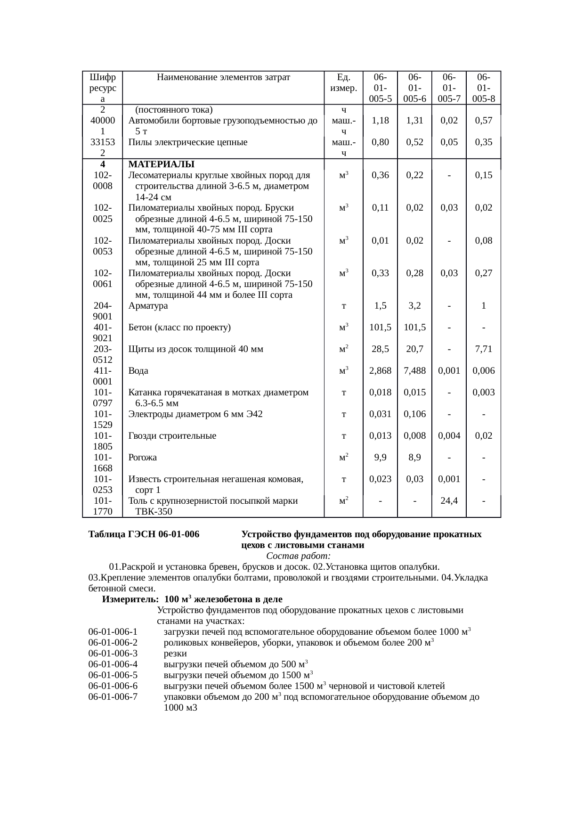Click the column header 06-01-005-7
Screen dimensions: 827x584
click(x=449, y=88)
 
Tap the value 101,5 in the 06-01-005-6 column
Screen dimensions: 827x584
click(x=414, y=328)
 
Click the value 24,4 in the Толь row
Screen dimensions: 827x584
click(x=449, y=501)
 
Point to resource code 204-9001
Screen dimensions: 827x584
click(x=102, y=311)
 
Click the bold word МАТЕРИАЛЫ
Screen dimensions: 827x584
click(x=161, y=164)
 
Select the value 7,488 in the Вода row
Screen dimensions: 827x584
click(x=414, y=371)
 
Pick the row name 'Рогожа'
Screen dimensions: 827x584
click(x=142, y=458)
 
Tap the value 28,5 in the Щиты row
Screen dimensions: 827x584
click(x=380, y=349)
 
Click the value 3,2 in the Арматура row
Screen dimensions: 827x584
click(x=414, y=306)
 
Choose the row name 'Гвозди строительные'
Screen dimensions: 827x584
click(x=172, y=436)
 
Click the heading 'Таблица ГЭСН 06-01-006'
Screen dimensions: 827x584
click(x=144, y=534)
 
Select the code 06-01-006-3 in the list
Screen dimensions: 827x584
click(x=113, y=654)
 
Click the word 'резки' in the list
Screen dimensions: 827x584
click(x=175, y=654)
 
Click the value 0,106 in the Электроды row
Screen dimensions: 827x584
click(x=414, y=414)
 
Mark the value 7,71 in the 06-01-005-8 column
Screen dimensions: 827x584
click(x=484, y=349)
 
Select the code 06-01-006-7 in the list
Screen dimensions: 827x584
click(x=113, y=697)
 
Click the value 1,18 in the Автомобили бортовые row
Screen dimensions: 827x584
click(x=380, y=121)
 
